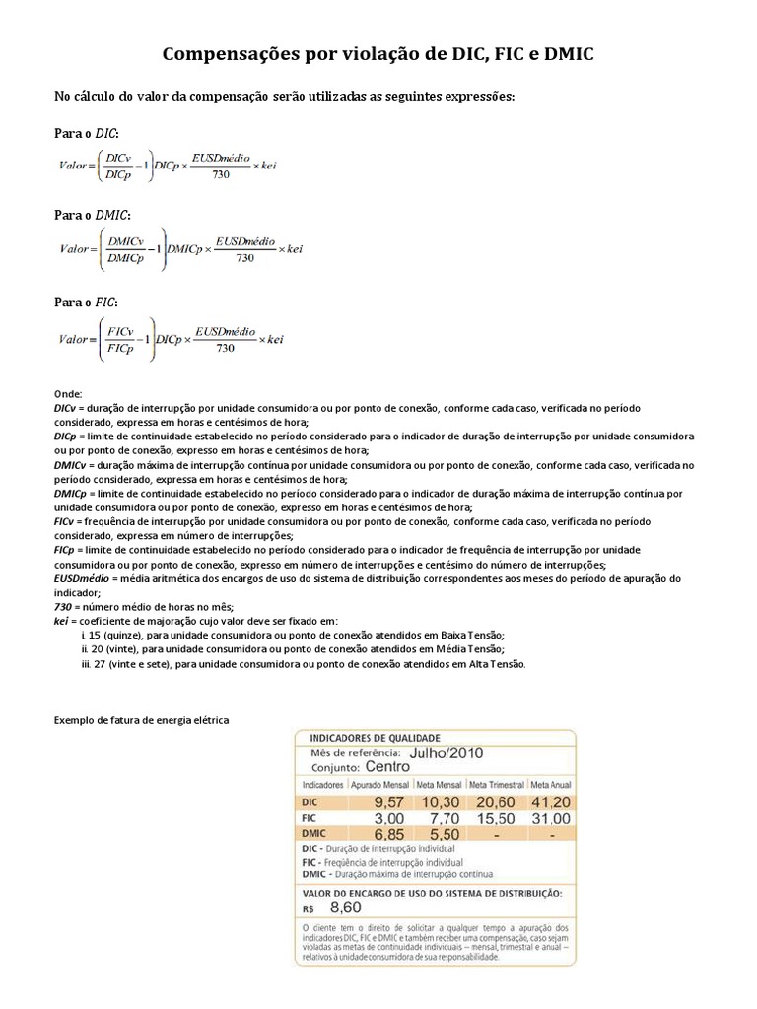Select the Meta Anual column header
[549, 785]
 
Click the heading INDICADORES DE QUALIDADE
[376, 737]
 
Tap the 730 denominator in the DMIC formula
[244, 258]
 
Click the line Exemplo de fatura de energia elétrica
[141, 720]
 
